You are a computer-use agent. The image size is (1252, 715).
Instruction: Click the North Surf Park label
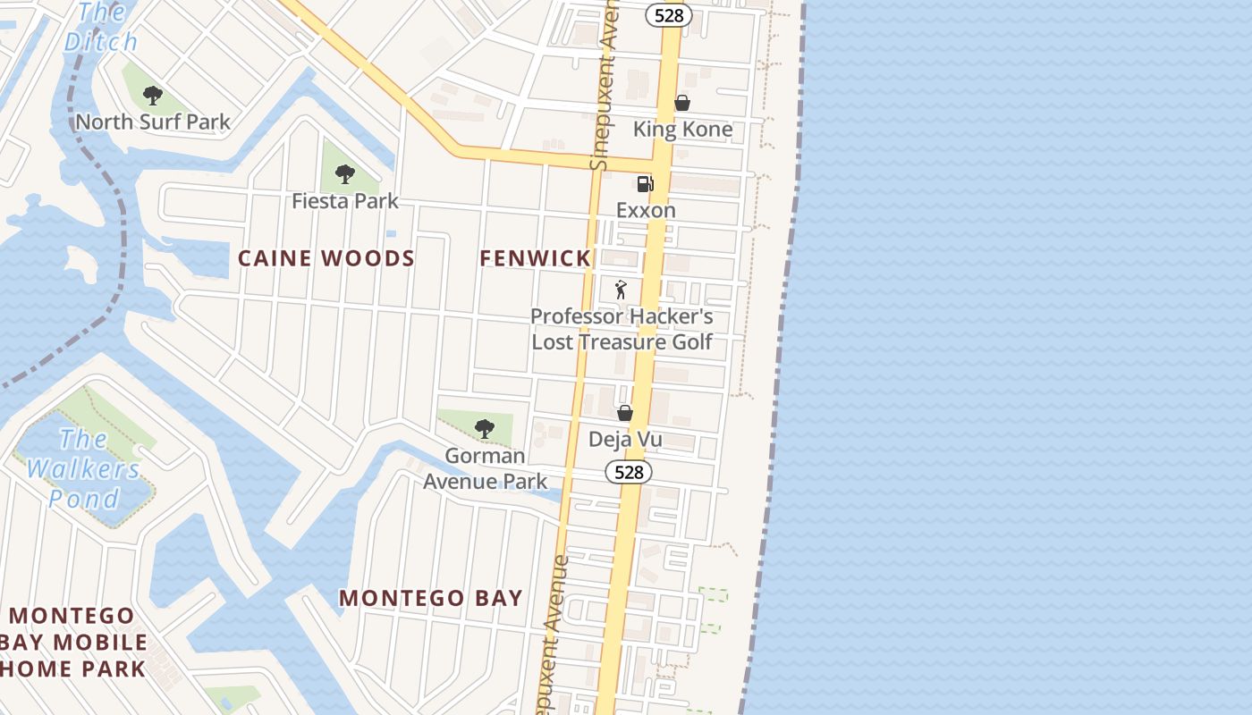pos(153,122)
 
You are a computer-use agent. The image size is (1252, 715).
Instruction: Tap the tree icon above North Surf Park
pos(153,94)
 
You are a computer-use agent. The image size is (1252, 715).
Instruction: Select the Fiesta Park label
pos(345,200)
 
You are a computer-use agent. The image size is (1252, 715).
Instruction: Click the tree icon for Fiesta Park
pos(345,173)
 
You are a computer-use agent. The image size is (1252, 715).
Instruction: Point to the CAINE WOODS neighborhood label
pos(326,258)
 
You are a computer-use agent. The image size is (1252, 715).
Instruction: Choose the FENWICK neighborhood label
pos(535,258)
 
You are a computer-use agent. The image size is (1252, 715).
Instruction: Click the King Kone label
pos(682,130)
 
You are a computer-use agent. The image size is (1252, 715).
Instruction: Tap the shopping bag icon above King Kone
pos(682,103)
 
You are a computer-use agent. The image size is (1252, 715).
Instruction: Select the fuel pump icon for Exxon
pos(645,184)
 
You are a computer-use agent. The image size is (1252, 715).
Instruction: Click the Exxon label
pos(646,210)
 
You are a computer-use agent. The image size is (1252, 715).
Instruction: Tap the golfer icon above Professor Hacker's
pos(622,290)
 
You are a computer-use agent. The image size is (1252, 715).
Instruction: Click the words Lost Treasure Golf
pos(622,341)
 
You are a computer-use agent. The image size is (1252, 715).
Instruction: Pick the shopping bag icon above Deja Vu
pos(625,413)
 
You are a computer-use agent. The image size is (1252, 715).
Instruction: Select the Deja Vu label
pos(625,439)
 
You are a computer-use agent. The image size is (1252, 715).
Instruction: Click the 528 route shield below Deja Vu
pos(629,472)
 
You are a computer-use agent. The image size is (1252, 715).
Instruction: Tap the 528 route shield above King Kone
pos(669,14)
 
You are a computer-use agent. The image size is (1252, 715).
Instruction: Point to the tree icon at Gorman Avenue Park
pos(485,429)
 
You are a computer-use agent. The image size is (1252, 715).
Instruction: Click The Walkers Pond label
pos(83,468)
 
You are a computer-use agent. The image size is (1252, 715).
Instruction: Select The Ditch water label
pos(102,27)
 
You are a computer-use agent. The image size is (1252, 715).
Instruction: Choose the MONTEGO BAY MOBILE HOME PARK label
pos(73,642)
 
